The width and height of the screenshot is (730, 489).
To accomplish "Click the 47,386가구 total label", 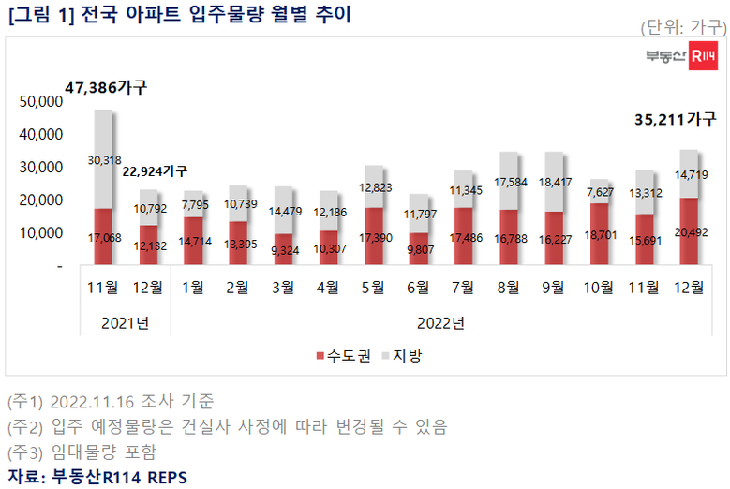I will point(106,88).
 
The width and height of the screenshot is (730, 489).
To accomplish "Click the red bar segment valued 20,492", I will point(689,231).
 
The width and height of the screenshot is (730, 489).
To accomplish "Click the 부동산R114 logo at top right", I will point(681,58).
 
